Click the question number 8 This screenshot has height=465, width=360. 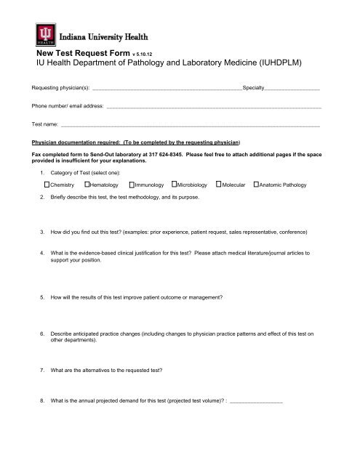tap(44, 401)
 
